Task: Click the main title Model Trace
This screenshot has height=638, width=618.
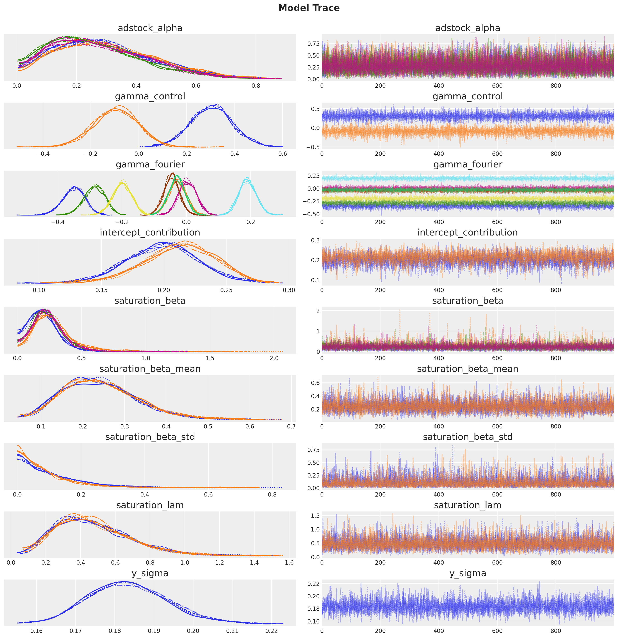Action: [x=309, y=8]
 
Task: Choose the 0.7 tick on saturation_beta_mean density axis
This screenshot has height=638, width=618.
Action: [x=291, y=426]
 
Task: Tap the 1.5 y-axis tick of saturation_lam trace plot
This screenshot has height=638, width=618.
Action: [x=315, y=516]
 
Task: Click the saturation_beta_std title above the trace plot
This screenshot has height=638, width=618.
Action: [x=468, y=437]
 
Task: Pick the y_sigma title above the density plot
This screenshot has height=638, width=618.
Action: [x=150, y=573]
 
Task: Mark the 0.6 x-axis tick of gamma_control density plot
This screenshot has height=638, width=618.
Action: [x=283, y=154]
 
